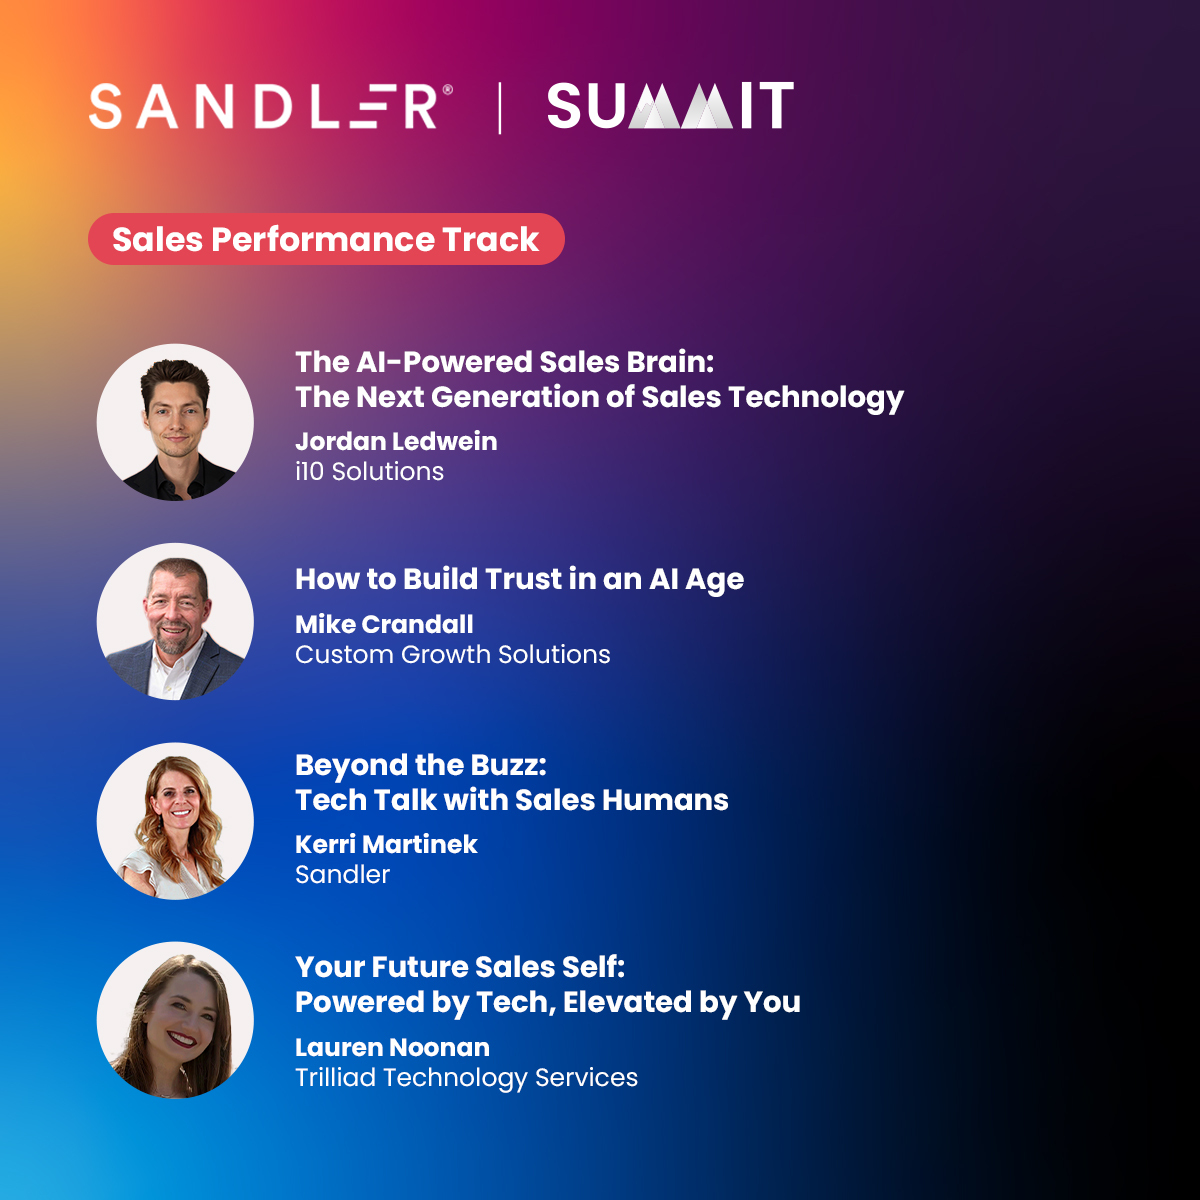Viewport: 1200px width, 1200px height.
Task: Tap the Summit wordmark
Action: [x=670, y=106]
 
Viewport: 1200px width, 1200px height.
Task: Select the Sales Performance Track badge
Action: [x=326, y=240]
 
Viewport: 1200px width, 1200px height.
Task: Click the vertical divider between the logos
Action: [x=500, y=108]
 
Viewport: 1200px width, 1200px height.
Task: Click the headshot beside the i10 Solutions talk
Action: [x=175, y=422]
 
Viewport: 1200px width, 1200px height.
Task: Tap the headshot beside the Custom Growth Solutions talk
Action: [x=175, y=621]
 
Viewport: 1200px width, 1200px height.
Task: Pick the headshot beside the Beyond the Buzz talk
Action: [x=175, y=820]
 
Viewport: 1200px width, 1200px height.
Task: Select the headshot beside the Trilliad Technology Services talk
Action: [x=175, y=1020]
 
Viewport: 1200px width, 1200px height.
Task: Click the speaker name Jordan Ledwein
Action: [x=396, y=441]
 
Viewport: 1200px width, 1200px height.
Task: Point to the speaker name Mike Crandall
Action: [x=384, y=624]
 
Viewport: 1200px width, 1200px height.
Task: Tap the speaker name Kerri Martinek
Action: [x=386, y=844]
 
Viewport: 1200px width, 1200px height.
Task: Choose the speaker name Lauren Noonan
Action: [x=392, y=1047]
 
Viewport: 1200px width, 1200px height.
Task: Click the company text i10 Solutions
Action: [x=369, y=471]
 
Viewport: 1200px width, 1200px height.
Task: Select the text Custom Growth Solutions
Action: [x=452, y=654]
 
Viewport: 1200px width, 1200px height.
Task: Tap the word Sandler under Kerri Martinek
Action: [x=342, y=874]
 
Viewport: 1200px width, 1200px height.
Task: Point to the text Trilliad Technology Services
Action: [x=466, y=1077]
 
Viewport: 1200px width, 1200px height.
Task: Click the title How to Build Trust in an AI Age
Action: [x=519, y=580]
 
